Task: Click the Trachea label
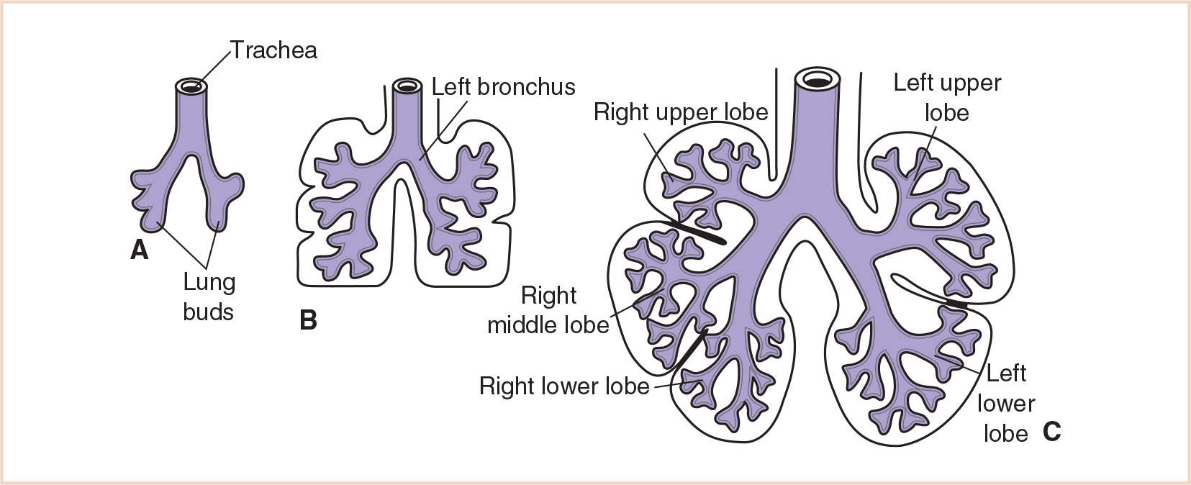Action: [x=273, y=50]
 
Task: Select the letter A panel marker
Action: [x=139, y=250]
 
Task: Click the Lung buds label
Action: [x=209, y=296]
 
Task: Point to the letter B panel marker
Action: [x=308, y=320]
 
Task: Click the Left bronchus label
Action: [x=503, y=87]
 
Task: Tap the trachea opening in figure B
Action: [x=407, y=86]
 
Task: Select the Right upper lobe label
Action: [x=681, y=112]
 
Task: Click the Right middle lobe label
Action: [x=548, y=310]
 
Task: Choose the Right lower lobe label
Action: [x=564, y=386]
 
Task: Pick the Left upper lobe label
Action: [x=947, y=98]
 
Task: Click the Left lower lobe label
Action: [x=1005, y=403]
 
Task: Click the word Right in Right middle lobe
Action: [x=548, y=296]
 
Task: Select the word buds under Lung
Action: [x=209, y=312]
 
